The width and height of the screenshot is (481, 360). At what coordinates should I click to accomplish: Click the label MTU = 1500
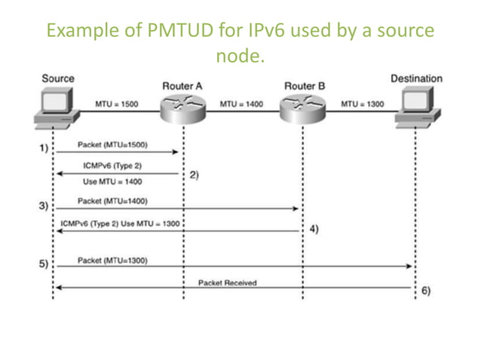point(117,103)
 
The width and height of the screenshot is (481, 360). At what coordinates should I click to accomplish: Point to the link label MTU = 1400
point(241,103)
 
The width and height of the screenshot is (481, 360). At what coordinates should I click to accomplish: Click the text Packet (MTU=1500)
point(112,143)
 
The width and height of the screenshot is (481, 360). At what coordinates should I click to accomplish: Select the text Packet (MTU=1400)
point(112,201)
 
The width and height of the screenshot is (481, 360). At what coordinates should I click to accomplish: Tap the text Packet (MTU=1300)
point(112,260)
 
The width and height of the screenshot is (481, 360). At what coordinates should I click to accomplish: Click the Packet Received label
point(228,282)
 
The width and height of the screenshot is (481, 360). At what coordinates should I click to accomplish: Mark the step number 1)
point(44,148)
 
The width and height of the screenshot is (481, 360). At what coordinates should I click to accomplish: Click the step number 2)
point(194,175)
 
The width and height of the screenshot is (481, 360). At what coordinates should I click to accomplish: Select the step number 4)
point(314,229)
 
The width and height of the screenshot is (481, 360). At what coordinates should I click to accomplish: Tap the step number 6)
point(425,291)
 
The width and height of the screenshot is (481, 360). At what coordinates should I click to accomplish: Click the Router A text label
point(182,86)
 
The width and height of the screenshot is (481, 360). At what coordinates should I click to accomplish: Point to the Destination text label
point(416,78)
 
